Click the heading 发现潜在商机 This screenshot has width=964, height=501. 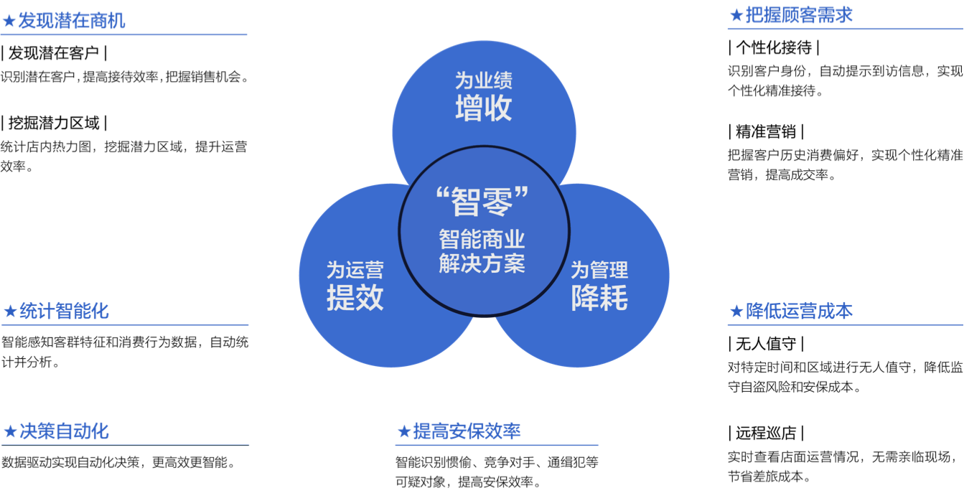coord(72,21)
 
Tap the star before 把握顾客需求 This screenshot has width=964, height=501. coord(736,16)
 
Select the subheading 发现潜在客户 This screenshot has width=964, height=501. coord(54,53)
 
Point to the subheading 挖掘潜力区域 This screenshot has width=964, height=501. coord(54,123)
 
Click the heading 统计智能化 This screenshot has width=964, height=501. coord(64,311)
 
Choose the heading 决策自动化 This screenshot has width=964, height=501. coord(64,431)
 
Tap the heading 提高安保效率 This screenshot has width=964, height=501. coord(467,431)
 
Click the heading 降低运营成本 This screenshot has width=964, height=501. coord(799,311)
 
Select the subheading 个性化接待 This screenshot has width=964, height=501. coord(774,47)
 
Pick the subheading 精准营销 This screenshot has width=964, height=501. coord(766,131)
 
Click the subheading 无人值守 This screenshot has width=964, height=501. coord(766,344)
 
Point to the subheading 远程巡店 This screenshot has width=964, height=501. coord(766,433)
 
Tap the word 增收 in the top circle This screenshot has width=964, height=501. coord(484,108)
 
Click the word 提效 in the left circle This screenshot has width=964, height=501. coord(355,297)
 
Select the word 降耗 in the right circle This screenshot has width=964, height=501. coord(599,297)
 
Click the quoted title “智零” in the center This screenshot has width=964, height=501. coord(482,201)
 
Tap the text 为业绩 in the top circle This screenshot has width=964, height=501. coord(484,80)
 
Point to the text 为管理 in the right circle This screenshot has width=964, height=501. coord(599,271)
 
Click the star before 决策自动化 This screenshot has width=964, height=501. coord(10,431)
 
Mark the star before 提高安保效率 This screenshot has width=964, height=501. coord(403,431)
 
